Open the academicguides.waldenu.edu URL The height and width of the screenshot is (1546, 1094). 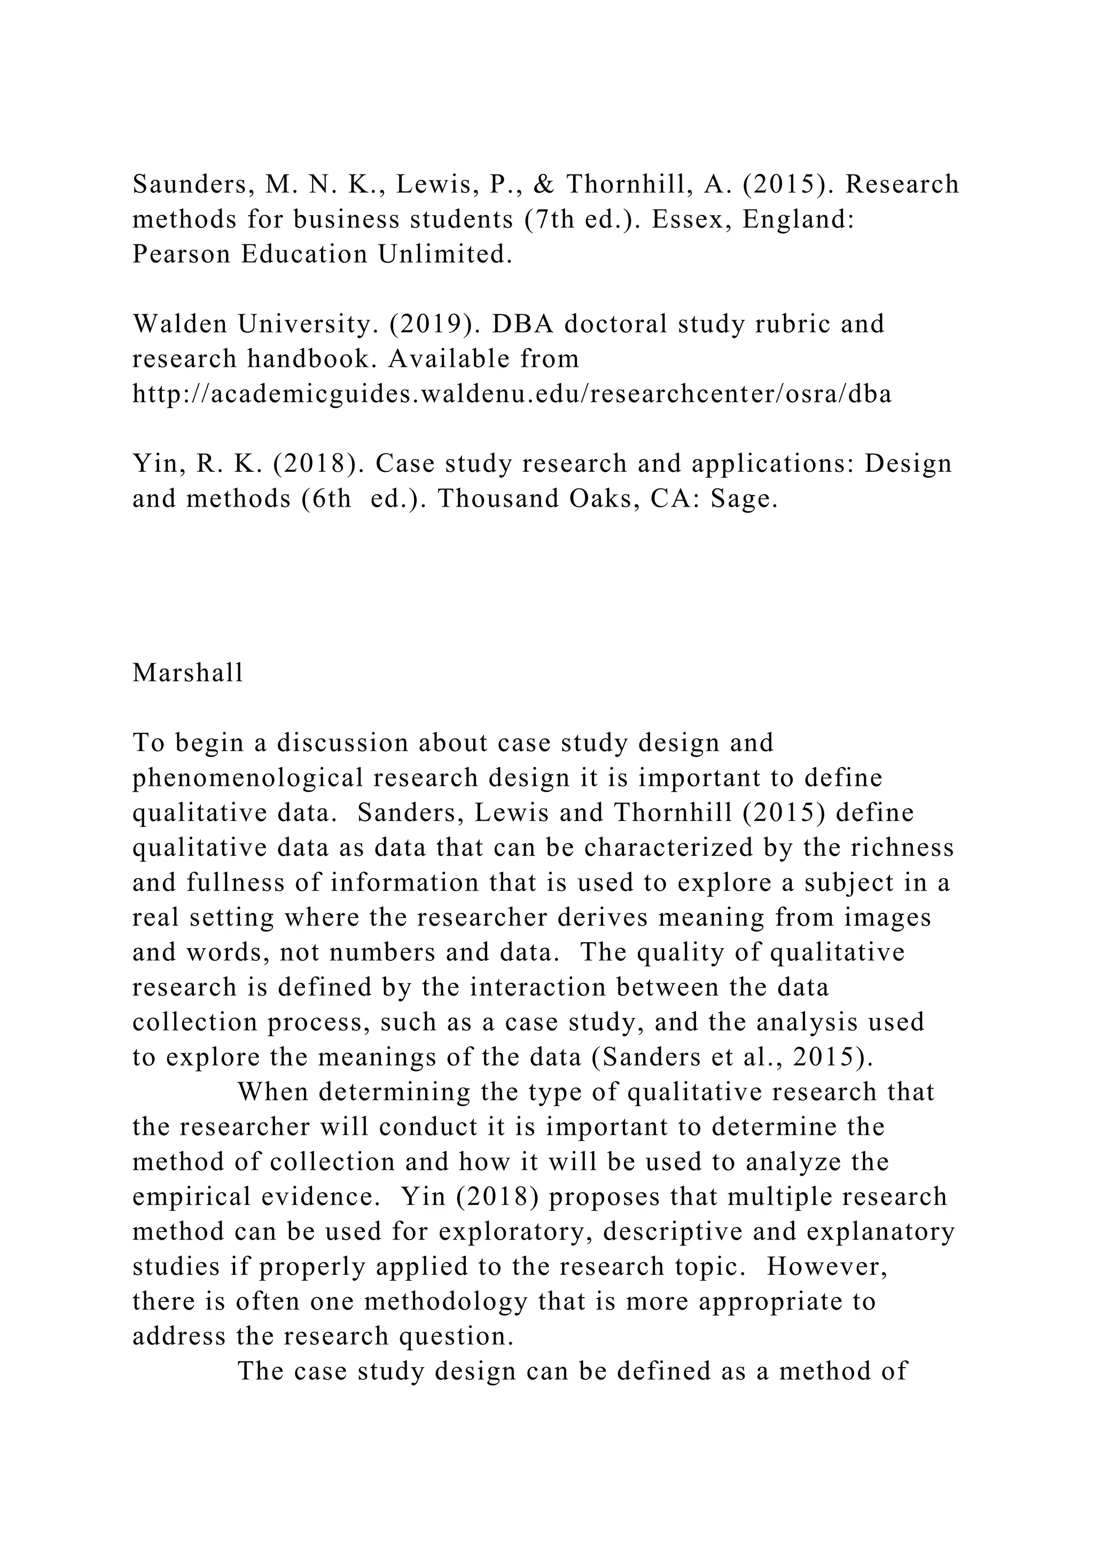click(511, 394)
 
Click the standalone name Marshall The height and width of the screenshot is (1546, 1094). click(187, 673)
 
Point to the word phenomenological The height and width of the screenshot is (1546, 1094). click(247, 778)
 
